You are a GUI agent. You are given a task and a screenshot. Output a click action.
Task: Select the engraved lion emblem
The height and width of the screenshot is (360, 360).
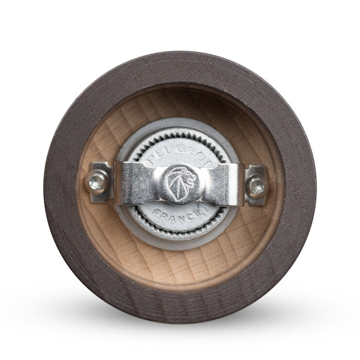click(180, 184)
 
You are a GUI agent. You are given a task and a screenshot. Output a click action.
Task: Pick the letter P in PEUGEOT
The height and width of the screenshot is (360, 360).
click(151, 159)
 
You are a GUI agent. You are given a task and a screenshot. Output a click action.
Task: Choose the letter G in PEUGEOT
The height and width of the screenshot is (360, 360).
click(179, 151)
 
